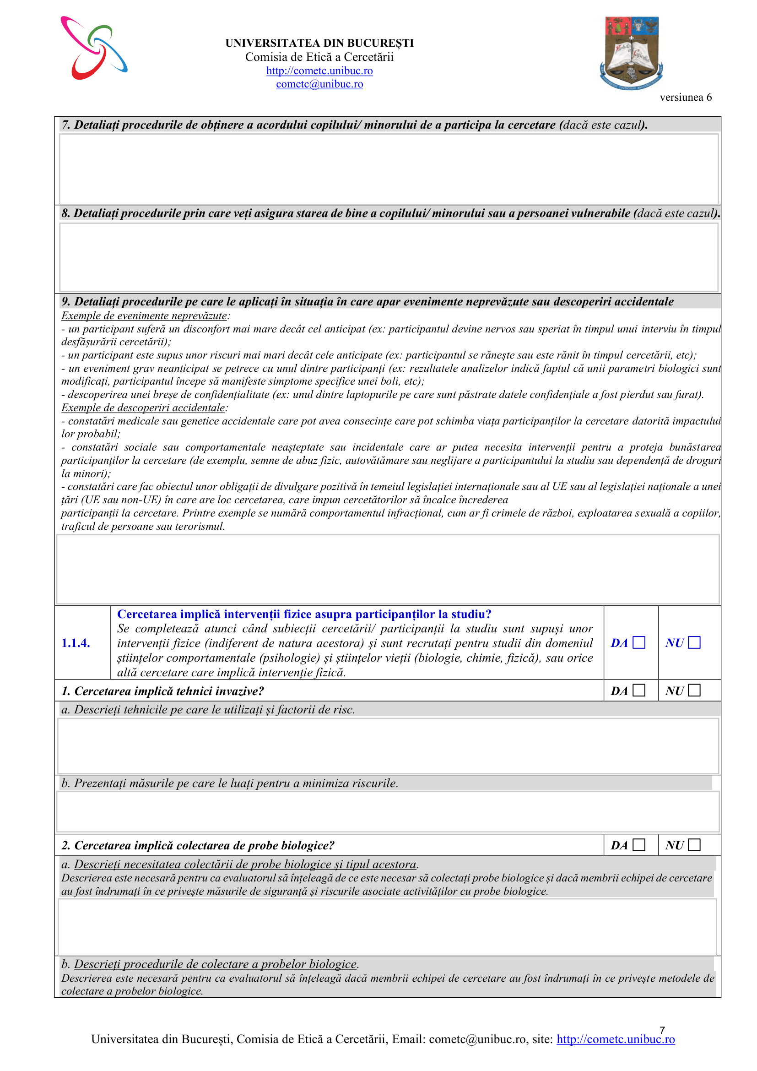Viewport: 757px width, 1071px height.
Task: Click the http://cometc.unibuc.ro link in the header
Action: [x=319, y=71]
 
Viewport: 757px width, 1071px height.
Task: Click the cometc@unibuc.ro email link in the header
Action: [x=319, y=84]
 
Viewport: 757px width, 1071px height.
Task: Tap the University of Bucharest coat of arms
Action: [x=631, y=53]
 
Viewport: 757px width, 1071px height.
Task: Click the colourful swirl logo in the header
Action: [x=94, y=48]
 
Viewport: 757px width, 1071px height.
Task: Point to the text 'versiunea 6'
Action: [x=685, y=98]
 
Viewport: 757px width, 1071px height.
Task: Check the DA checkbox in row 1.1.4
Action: [x=638, y=643]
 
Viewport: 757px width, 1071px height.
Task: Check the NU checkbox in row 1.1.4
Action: [x=694, y=643]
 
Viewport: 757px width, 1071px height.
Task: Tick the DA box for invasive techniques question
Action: [x=638, y=690]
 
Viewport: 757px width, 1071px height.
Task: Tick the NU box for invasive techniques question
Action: [x=694, y=690]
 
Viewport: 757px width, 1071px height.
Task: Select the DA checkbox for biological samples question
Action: [x=638, y=845]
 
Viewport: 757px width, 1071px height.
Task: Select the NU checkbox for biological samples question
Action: [x=694, y=845]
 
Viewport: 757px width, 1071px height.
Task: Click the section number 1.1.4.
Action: [x=76, y=643]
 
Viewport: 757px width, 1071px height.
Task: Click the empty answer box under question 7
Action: [x=388, y=169]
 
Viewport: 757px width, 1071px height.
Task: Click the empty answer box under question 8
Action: [x=388, y=257]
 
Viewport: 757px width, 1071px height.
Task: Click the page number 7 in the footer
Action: [x=662, y=1030]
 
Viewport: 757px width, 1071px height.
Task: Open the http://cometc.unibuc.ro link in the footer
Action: [x=615, y=1039]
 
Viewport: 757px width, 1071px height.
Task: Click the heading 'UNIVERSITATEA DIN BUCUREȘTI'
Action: [x=319, y=43]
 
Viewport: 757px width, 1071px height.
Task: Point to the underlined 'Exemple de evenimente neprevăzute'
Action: [x=144, y=316]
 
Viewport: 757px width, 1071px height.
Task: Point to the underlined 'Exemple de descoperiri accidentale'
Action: [x=144, y=408]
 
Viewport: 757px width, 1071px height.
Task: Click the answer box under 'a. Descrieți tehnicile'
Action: [x=388, y=745]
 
